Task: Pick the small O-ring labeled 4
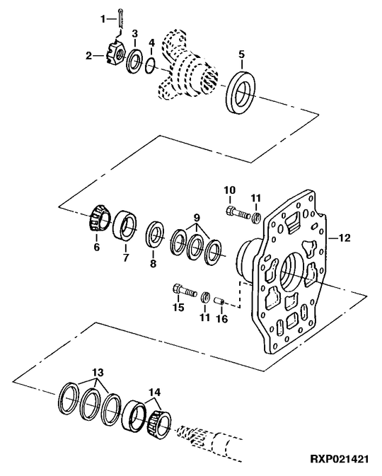coord(150,66)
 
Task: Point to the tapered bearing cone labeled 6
coord(100,219)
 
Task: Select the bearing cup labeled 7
coord(125,226)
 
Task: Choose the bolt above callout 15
coord(185,291)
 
